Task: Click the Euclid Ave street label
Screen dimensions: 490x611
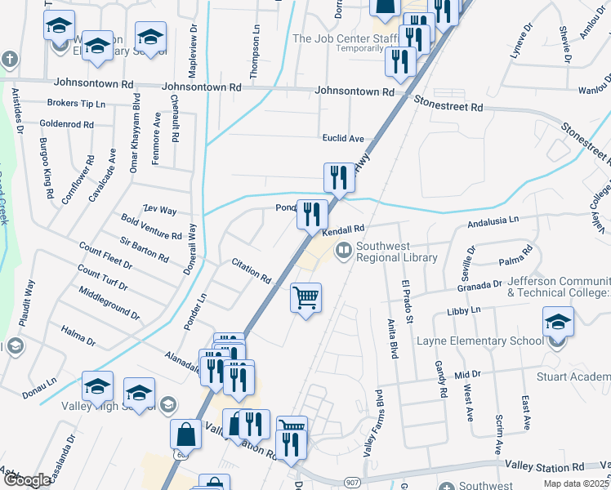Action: tap(343, 139)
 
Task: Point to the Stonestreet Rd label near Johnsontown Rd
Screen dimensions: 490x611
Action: tap(448, 106)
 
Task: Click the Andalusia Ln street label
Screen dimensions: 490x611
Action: tap(493, 220)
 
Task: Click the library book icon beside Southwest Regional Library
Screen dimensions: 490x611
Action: tap(344, 249)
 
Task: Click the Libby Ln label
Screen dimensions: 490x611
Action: tap(464, 311)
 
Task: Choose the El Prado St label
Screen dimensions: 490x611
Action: tap(405, 300)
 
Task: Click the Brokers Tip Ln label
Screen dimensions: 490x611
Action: tap(76, 104)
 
